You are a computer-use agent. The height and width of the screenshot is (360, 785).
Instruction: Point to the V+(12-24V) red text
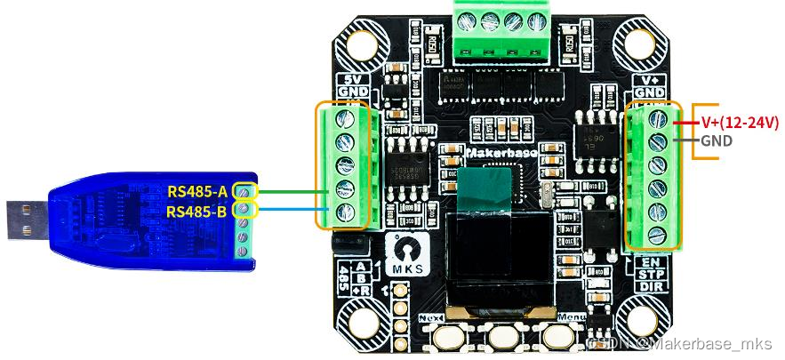(x=736, y=122)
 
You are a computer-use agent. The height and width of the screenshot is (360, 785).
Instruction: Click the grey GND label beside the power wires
(x=717, y=140)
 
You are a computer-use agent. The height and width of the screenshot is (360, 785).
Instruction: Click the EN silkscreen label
(x=651, y=262)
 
